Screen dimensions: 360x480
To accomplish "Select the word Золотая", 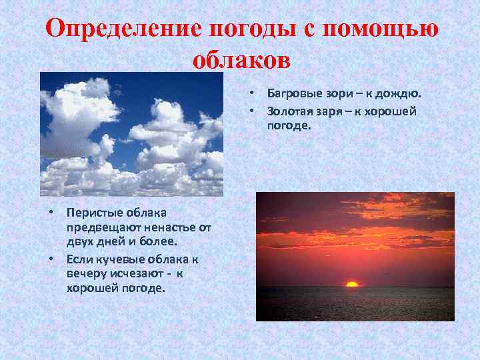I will (292, 111).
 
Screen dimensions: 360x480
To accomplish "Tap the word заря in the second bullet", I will (335, 111).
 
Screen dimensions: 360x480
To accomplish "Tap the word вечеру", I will (86, 273).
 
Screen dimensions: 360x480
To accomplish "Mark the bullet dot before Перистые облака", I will (51, 212).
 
